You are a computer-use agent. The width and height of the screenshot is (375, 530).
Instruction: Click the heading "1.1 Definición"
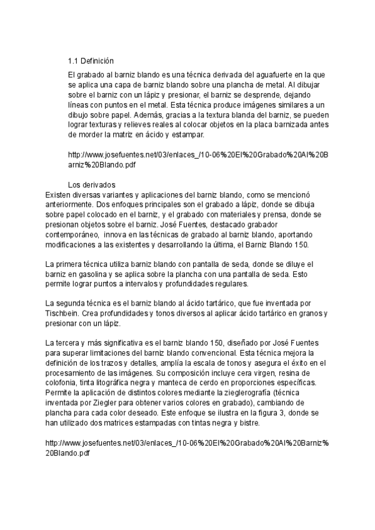[91, 61]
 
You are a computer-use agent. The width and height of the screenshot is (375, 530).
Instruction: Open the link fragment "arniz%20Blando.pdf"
[102, 165]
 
